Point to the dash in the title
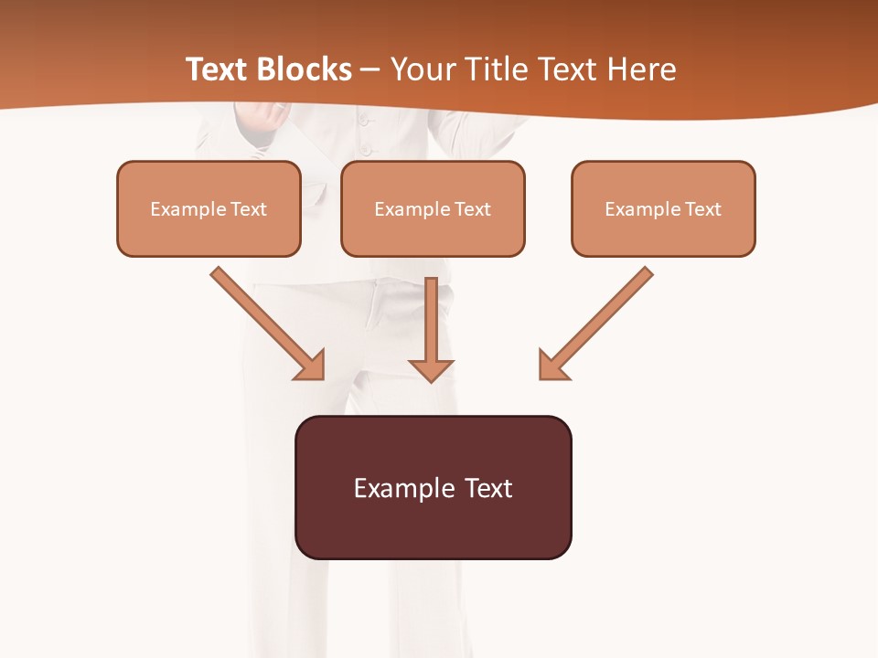coord(370,70)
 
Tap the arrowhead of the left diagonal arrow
coord(311,366)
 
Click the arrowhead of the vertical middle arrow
coord(431,369)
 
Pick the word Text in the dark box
coord(488,488)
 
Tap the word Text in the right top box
coord(703,209)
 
